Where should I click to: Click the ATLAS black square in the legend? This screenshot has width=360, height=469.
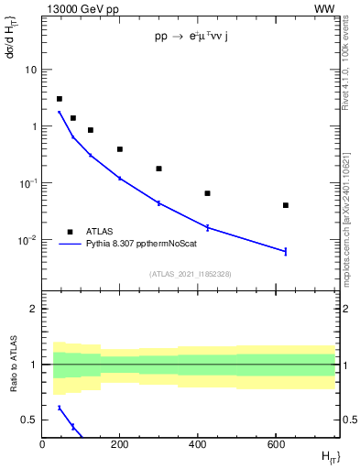pyautogui.click(x=71, y=232)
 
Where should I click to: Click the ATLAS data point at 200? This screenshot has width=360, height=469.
pyautogui.click(x=120, y=149)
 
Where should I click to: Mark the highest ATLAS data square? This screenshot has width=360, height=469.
pyautogui.click(x=60, y=99)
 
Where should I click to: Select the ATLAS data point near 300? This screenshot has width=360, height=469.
pyautogui.click(x=158, y=169)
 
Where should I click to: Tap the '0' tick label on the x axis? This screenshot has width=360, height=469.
pyautogui.click(x=42, y=444)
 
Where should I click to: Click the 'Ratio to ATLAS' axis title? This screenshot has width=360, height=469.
pyautogui.click(x=12, y=363)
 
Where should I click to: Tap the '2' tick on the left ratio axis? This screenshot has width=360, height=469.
pyautogui.click(x=33, y=309)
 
